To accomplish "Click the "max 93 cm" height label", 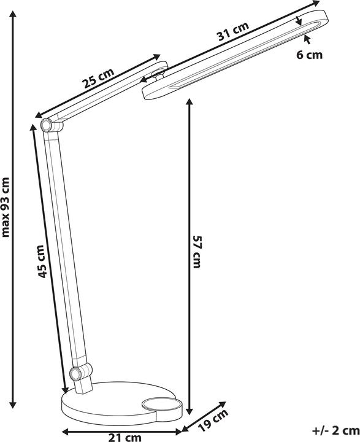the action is coord(6,207).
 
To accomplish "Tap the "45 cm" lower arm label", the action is coord(41,262).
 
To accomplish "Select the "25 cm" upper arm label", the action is coord(98,78).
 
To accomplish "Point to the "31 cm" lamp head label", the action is coord(233,31).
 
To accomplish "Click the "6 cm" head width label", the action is coord(309,55).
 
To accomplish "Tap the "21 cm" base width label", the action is coord(124,438).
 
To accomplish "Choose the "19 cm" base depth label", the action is coord(213,420).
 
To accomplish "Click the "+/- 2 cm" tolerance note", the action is coord(335,430).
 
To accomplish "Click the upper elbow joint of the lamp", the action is coord(47,125).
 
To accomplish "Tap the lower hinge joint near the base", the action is coord(76,374).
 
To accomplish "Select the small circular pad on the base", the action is coord(161,405).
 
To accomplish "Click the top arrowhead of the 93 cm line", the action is coord(13,14).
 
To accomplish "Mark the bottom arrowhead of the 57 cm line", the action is coord(190,411).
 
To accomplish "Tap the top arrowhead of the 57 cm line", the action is coord(190,103).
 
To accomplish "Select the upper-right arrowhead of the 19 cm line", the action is coord(222,405).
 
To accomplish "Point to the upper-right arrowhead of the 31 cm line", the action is coord(315,4).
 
